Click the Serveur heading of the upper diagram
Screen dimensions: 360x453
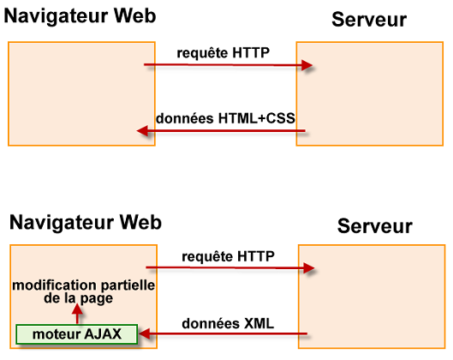click(x=369, y=20)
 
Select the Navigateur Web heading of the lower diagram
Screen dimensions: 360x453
click(x=86, y=223)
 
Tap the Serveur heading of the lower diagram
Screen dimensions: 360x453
click(x=374, y=226)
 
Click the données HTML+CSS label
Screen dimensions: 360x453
click(x=225, y=119)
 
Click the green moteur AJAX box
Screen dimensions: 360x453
click(x=76, y=333)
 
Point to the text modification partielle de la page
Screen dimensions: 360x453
click(x=82, y=292)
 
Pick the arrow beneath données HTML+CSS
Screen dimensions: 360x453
click(x=223, y=132)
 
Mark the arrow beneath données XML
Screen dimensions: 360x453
click(x=223, y=335)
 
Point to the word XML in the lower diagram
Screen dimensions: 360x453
click(x=258, y=324)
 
